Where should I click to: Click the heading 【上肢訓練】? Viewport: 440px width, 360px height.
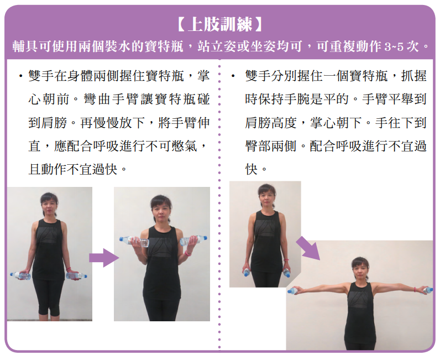[219, 24]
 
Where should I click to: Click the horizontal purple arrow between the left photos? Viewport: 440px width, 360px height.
[104, 258]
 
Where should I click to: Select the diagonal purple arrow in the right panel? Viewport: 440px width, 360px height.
[308, 248]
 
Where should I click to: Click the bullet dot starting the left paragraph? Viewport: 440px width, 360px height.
[20, 76]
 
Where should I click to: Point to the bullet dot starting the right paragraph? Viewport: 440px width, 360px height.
[233, 76]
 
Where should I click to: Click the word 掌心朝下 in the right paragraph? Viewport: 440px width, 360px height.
[336, 123]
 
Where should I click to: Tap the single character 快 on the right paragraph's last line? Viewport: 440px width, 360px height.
[251, 169]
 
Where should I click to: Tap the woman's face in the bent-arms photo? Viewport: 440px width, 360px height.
[161, 211]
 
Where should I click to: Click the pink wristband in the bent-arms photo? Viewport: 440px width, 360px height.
[188, 253]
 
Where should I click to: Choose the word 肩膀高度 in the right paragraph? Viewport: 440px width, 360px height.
[270, 123]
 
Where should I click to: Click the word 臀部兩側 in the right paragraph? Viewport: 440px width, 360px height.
[270, 146]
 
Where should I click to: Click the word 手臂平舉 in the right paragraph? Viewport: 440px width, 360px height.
[388, 100]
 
